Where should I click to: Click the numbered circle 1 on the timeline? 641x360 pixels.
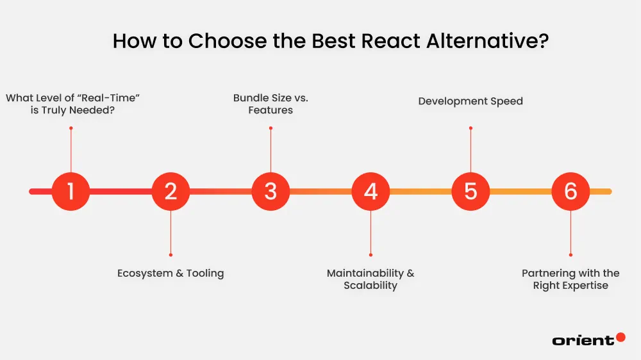pyautogui.click(x=71, y=192)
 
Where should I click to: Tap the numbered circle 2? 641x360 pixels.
pyautogui.click(x=171, y=192)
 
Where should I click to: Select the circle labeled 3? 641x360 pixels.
pyautogui.click(x=271, y=192)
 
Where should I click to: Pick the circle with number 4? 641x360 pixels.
pyautogui.click(x=370, y=192)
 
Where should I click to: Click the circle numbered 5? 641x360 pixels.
pyautogui.click(x=470, y=192)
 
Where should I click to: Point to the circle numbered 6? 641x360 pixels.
pyautogui.click(x=570, y=192)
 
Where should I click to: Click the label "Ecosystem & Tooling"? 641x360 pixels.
pyautogui.click(x=171, y=274)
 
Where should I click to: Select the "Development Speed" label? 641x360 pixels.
pyautogui.click(x=470, y=101)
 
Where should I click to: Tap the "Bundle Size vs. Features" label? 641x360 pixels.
pyautogui.click(x=271, y=104)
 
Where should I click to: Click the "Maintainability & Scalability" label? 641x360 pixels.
pyautogui.click(x=370, y=279)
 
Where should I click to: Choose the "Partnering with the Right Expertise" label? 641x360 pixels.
pyautogui.click(x=570, y=279)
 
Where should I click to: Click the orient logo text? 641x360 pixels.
pyautogui.click(x=582, y=341)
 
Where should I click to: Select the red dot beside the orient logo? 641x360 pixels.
pyautogui.click(x=620, y=337)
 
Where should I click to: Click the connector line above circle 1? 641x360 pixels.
pyautogui.click(x=71, y=151)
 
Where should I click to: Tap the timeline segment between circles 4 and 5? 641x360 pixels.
pyautogui.click(x=420, y=192)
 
